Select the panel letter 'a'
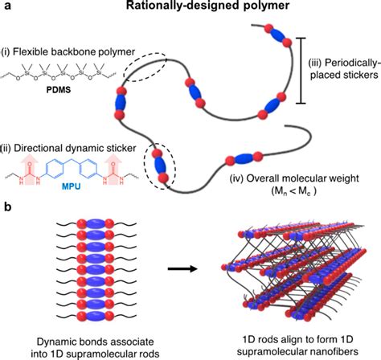[6, 8]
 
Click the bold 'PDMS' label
[62, 81]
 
